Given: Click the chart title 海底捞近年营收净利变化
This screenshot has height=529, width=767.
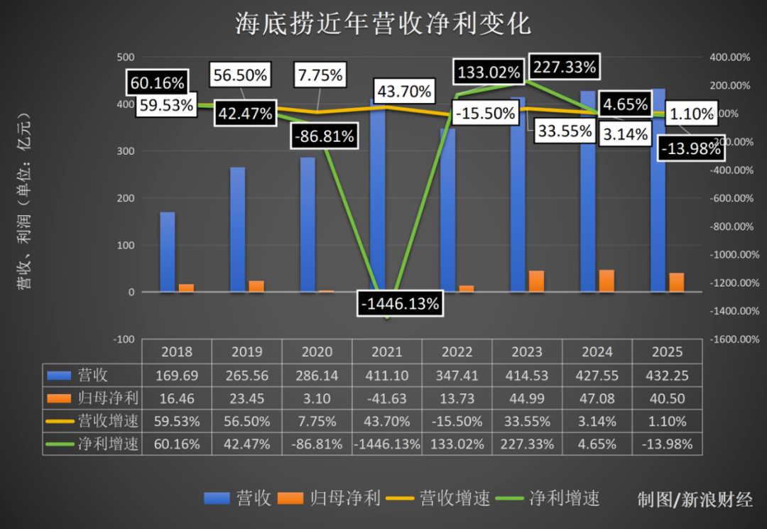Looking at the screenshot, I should [383, 25].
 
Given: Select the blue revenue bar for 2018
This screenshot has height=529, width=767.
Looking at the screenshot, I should [167, 252].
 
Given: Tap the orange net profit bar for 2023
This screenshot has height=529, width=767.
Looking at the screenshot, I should [536, 281].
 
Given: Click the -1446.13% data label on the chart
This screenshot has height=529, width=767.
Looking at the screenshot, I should [399, 304].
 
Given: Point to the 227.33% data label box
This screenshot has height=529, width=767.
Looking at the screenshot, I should [565, 67].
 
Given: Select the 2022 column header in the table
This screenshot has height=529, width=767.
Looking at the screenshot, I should [457, 351].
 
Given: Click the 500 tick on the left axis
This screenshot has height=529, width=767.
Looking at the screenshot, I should [125, 57].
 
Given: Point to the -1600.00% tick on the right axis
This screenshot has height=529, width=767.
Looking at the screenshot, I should [731, 339].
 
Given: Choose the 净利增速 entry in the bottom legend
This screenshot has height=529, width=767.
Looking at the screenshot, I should [553, 498].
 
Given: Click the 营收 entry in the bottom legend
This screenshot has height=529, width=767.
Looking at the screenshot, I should [238, 498].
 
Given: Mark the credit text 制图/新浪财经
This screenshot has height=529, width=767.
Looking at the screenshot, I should [694, 500].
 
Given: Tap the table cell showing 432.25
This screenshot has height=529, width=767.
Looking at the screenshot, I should [667, 375].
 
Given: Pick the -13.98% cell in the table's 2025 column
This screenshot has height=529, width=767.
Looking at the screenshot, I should [667, 444].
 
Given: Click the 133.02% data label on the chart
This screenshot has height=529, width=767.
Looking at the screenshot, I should [489, 72].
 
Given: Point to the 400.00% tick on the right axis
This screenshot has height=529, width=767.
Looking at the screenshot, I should [731, 57].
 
